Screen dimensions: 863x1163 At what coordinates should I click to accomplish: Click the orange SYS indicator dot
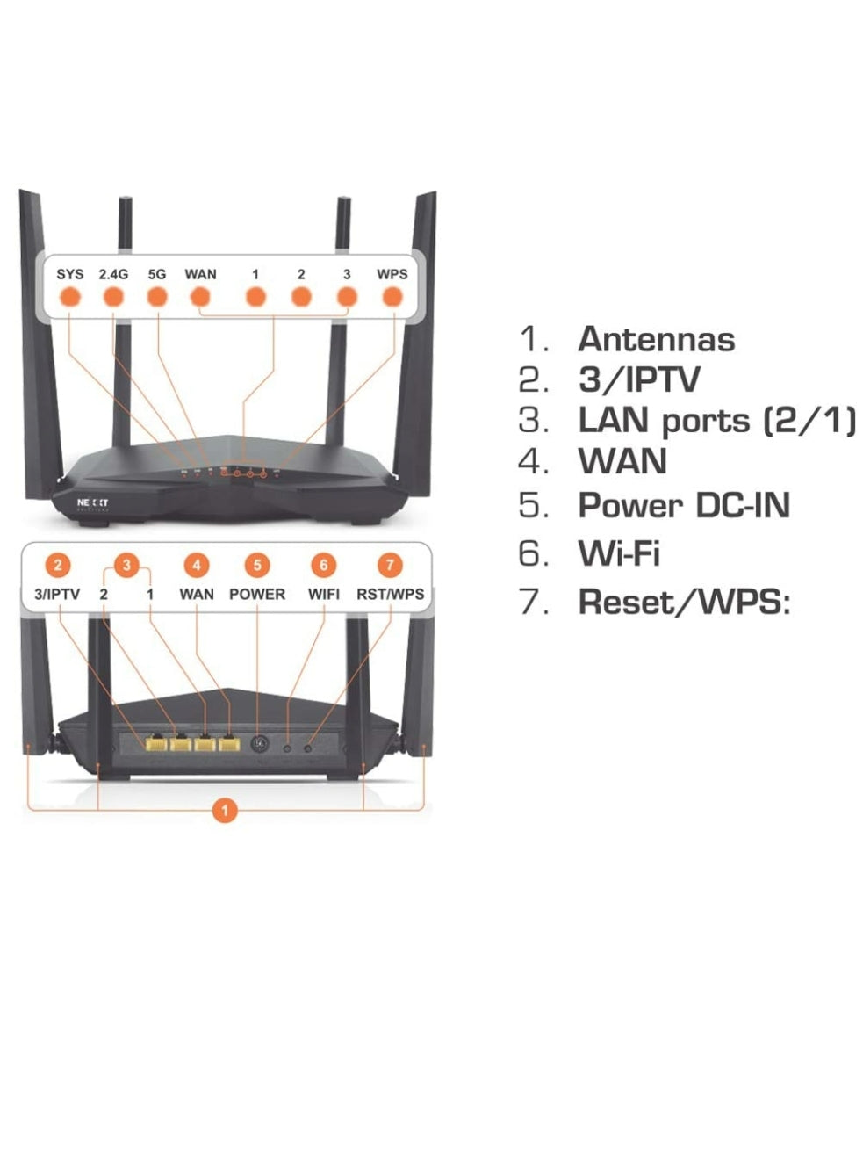tap(70, 297)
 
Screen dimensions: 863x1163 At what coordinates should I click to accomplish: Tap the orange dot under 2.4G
tap(113, 297)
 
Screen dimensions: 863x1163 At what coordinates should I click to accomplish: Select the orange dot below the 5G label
tap(157, 297)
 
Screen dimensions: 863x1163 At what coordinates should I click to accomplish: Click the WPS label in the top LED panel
tap(392, 274)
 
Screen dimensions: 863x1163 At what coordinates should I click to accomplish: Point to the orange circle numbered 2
tap(58, 565)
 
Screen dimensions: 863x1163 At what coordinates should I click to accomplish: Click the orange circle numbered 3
tap(126, 565)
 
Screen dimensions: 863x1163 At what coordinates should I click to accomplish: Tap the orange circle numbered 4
tap(196, 565)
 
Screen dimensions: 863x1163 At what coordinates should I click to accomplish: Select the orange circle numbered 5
tap(257, 565)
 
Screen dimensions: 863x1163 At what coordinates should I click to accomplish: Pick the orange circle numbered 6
tap(323, 565)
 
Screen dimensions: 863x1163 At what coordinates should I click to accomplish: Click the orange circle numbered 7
tap(390, 565)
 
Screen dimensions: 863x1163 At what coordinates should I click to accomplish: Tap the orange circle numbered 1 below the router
tap(225, 811)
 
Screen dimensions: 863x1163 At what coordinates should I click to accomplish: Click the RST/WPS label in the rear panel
tap(390, 594)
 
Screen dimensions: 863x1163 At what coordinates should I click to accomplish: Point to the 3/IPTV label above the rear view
tap(57, 594)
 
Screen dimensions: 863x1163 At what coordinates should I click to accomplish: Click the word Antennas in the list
tap(657, 339)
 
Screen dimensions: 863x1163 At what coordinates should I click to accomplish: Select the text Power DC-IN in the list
tap(684, 505)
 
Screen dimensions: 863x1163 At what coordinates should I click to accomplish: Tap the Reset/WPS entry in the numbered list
tap(684, 601)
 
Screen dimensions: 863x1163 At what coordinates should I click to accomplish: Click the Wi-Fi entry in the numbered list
tap(619, 553)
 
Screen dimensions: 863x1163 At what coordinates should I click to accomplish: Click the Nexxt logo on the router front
tap(93, 503)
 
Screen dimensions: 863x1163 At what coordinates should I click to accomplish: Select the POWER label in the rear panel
tap(257, 594)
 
